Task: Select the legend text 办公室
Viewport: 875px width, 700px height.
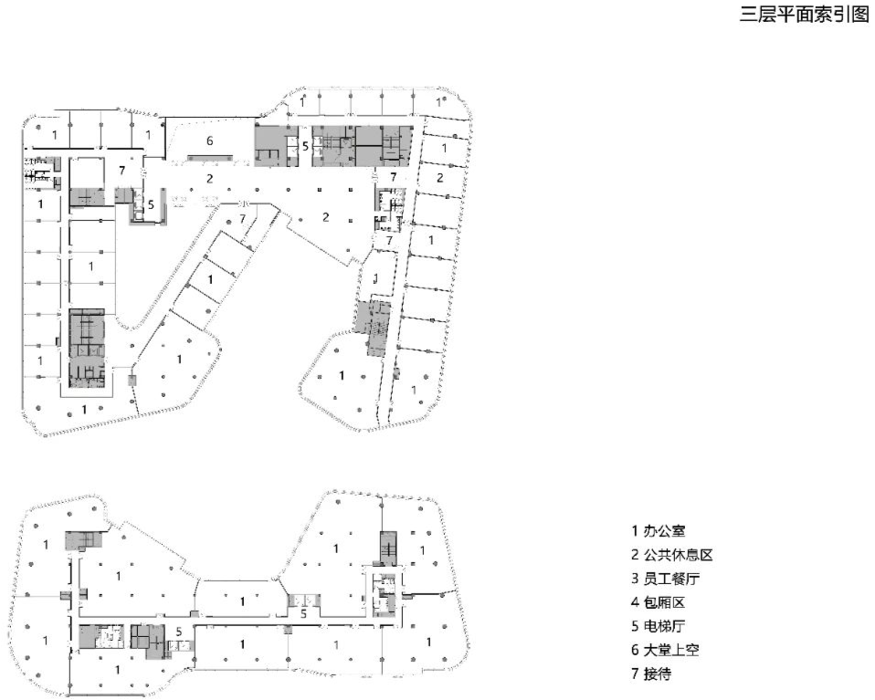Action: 658,530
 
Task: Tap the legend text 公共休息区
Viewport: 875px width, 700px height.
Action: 670,554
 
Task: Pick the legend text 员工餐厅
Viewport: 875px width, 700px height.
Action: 664,579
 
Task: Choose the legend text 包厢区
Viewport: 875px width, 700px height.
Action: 658,602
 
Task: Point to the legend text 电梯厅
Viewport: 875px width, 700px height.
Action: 658,627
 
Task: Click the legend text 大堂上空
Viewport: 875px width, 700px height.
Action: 664,651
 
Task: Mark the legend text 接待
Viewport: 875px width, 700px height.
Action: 652,674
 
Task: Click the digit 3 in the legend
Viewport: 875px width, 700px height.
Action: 634,579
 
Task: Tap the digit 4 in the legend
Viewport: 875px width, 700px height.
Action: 634,602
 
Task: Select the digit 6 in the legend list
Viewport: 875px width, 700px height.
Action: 634,651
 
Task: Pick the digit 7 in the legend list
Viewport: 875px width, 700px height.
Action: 634,674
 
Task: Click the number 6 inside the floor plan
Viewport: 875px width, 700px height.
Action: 210,141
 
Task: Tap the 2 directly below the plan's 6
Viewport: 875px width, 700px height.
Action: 210,178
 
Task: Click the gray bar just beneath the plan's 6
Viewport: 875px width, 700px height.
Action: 212,158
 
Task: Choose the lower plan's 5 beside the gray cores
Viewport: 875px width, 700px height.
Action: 180,631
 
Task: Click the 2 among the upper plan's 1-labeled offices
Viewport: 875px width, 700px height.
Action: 439,177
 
